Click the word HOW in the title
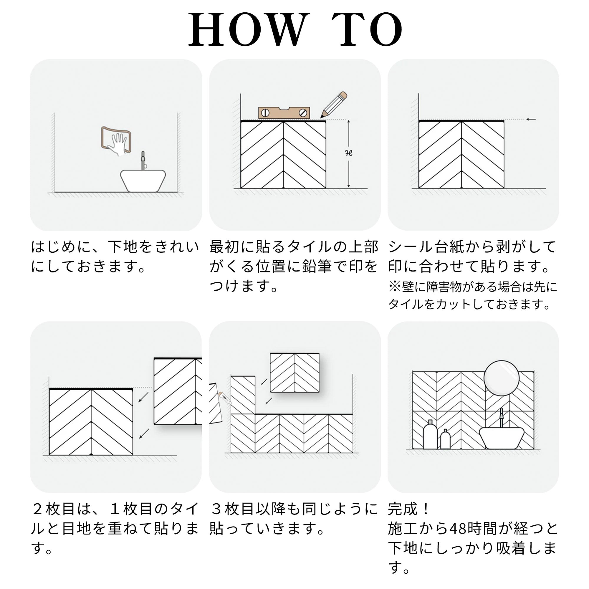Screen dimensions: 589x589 247,29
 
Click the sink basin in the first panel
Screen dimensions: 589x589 143,181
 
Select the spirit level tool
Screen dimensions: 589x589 284,112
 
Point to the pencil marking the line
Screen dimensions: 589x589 334,105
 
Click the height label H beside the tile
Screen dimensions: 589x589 349,153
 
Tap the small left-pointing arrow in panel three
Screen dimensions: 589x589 531,119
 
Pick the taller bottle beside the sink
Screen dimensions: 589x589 430,434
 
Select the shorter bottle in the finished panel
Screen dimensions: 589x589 445,439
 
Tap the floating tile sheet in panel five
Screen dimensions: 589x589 295,373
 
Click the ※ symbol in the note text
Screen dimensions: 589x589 395,287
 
